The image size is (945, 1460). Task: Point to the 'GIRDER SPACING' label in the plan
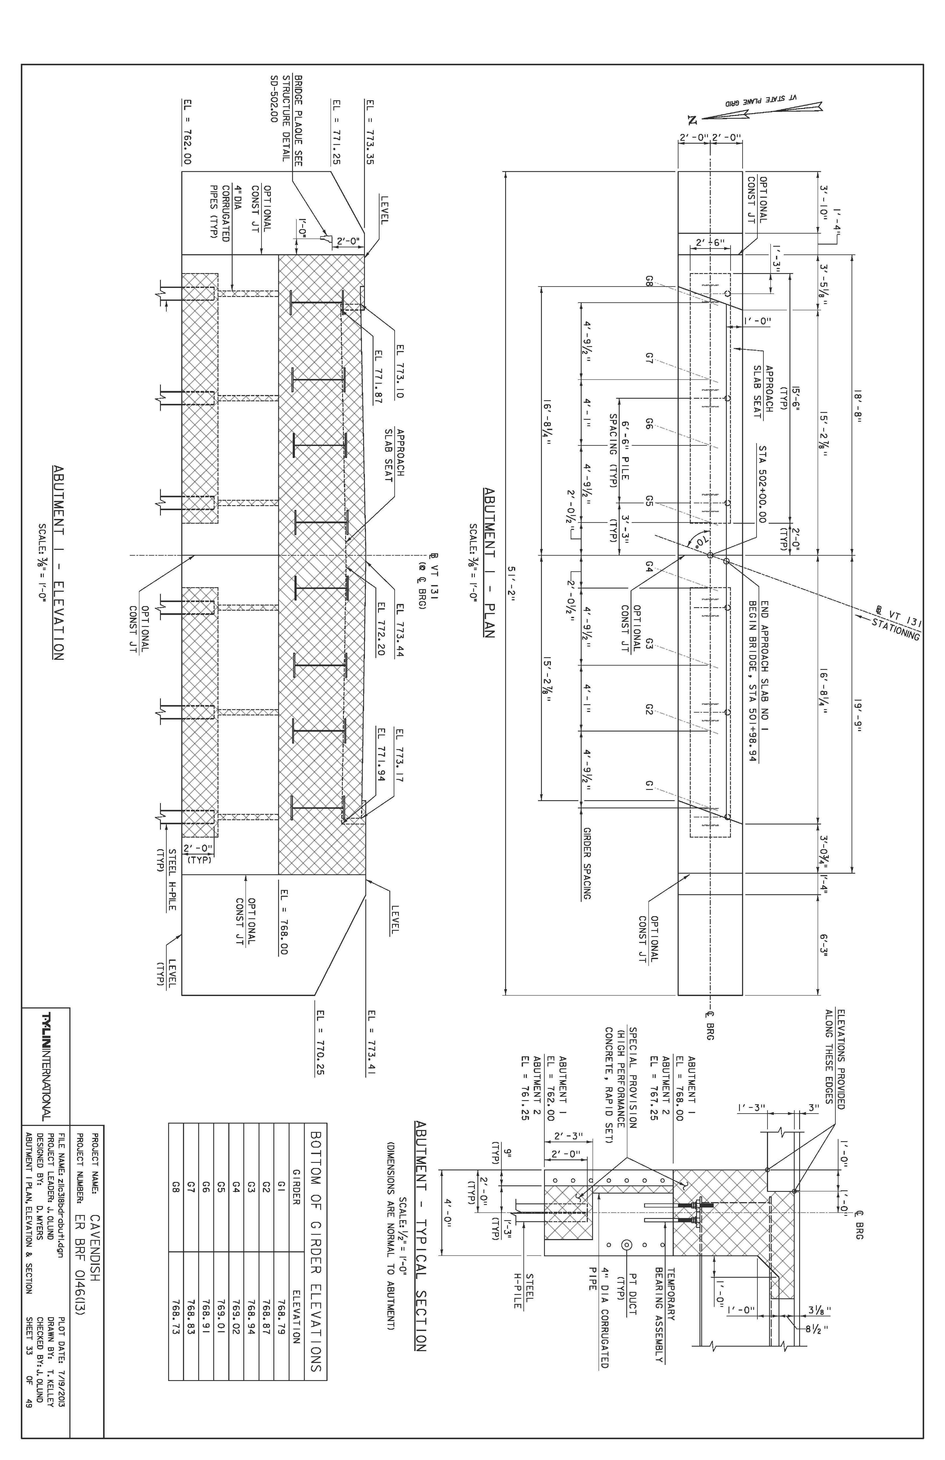click(587, 863)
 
